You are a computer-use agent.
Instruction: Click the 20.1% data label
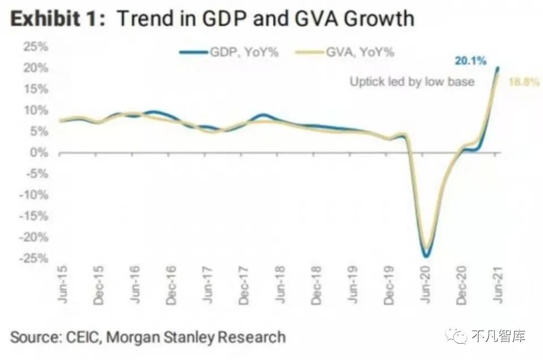pos(470,61)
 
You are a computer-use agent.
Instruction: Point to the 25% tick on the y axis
pos(36,46)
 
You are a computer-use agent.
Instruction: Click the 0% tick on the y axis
pos(38,153)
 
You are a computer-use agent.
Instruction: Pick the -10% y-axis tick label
pos(33,195)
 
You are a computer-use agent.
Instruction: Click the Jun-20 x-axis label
pos(426,288)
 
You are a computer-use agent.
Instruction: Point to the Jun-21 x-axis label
pos(498,288)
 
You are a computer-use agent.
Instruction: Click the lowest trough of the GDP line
pos(426,256)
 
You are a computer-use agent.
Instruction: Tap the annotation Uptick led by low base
pos(412,82)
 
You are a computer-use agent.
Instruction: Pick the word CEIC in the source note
pos(83,338)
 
